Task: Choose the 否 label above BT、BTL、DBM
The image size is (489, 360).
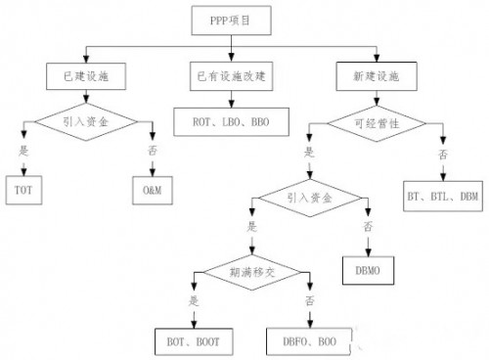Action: point(444,154)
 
